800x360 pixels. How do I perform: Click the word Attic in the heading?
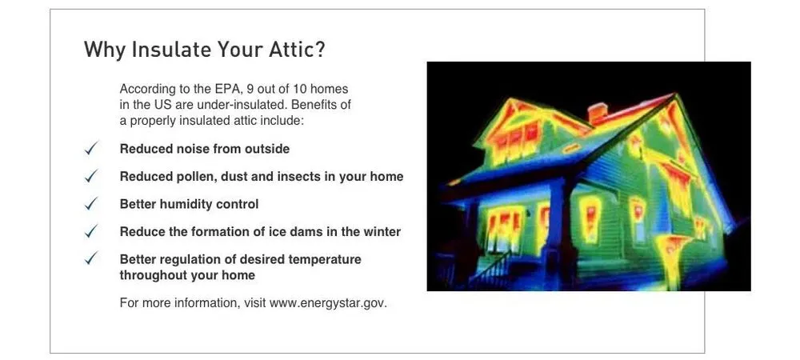click(x=288, y=50)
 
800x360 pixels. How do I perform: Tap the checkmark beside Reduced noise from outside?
click(x=91, y=149)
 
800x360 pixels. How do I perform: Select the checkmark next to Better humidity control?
click(x=91, y=204)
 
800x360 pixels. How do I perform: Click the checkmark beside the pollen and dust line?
click(x=91, y=177)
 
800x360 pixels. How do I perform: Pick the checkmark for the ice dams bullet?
click(x=91, y=231)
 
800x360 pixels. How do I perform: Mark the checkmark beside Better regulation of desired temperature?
click(x=91, y=259)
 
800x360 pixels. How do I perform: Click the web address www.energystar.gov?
click(x=328, y=303)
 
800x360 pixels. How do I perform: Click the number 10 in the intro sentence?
click(x=301, y=90)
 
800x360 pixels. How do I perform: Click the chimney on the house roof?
click(x=598, y=113)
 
